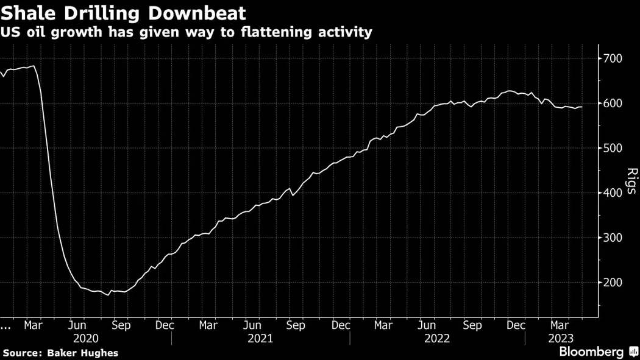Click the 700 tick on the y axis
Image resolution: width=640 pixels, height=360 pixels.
[x=611, y=58]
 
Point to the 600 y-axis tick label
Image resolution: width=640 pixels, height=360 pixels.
[x=611, y=104]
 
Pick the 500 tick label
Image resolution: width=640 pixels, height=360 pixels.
[x=611, y=148]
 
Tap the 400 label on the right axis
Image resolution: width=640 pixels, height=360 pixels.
[x=611, y=193]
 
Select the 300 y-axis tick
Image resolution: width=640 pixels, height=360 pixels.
[x=611, y=238]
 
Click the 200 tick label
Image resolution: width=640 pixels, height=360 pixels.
[x=611, y=283]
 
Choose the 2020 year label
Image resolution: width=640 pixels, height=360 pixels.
[x=85, y=337]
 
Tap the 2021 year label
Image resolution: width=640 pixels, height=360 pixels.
[x=260, y=337]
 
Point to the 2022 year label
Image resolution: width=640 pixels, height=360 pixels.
[x=437, y=337]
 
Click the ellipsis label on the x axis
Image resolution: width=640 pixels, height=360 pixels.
[x=6, y=326]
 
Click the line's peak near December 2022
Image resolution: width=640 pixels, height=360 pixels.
[x=508, y=91]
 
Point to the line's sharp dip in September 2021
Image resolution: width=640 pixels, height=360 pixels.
[x=293, y=195]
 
